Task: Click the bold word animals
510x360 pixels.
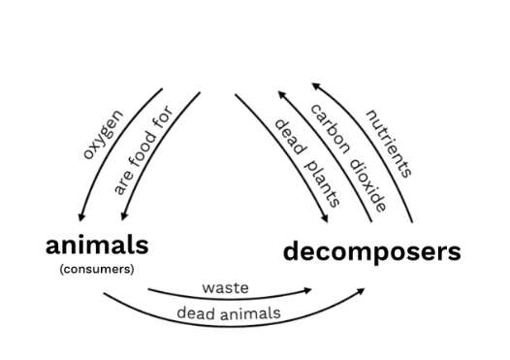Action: click(97, 245)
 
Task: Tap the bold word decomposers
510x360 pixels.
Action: click(372, 251)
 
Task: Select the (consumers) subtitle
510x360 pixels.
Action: click(97, 269)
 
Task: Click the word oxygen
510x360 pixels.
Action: click(103, 135)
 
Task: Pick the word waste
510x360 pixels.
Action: click(225, 288)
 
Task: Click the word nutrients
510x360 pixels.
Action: click(390, 144)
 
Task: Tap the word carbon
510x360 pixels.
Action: click(331, 128)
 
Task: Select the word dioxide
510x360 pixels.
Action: click(368, 185)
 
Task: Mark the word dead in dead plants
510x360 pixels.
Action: click(291, 137)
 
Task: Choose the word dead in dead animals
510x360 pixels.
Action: click(196, 313)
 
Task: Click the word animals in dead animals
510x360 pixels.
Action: click(250, 313)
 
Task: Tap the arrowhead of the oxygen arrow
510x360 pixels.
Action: click(81, 217)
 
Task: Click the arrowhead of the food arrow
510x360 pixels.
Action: click(123, 216)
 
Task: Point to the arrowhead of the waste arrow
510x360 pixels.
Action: click(307, 290)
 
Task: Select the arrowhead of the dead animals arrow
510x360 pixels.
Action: click(361, 291)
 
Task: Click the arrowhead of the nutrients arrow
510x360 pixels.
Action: click(316, 86)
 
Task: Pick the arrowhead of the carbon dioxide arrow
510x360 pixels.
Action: click(282, 94)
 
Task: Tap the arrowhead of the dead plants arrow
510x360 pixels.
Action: click(324, 219)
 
